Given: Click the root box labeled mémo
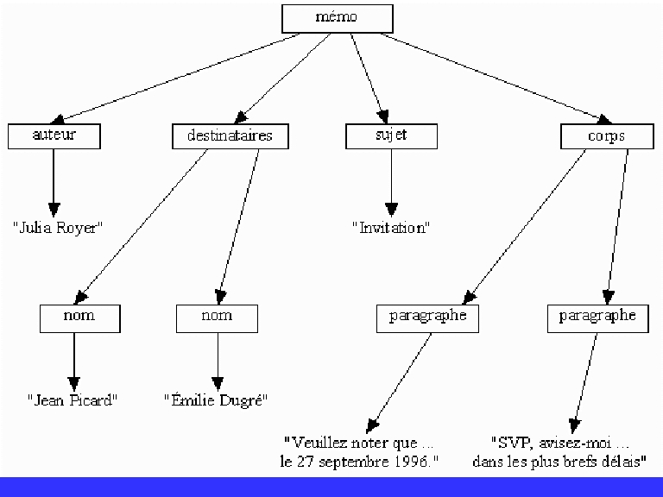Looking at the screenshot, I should pos(337,18).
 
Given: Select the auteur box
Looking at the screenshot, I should pos(54,135).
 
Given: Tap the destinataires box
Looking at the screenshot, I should pos(229,135).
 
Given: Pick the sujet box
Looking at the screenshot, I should pos(391,135).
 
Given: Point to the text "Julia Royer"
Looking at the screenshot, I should pos(58,228).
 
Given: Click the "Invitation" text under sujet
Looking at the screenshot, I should pos(391,228).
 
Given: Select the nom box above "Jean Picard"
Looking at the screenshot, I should pos(79,317).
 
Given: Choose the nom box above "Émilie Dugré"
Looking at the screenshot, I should pos(217,317).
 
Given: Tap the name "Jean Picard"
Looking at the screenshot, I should pos(72,400).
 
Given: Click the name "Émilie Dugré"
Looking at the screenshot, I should pos(217,400).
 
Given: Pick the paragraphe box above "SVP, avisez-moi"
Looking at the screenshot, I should pos(597,317).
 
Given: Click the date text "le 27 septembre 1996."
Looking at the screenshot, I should pos(359,462).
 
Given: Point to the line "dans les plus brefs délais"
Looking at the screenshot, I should pos(560,462).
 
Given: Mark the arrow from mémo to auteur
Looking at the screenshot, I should pos(181,77).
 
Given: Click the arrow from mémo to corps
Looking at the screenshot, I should pos(492,77).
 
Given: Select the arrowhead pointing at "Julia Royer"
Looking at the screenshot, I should pos(54,209).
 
